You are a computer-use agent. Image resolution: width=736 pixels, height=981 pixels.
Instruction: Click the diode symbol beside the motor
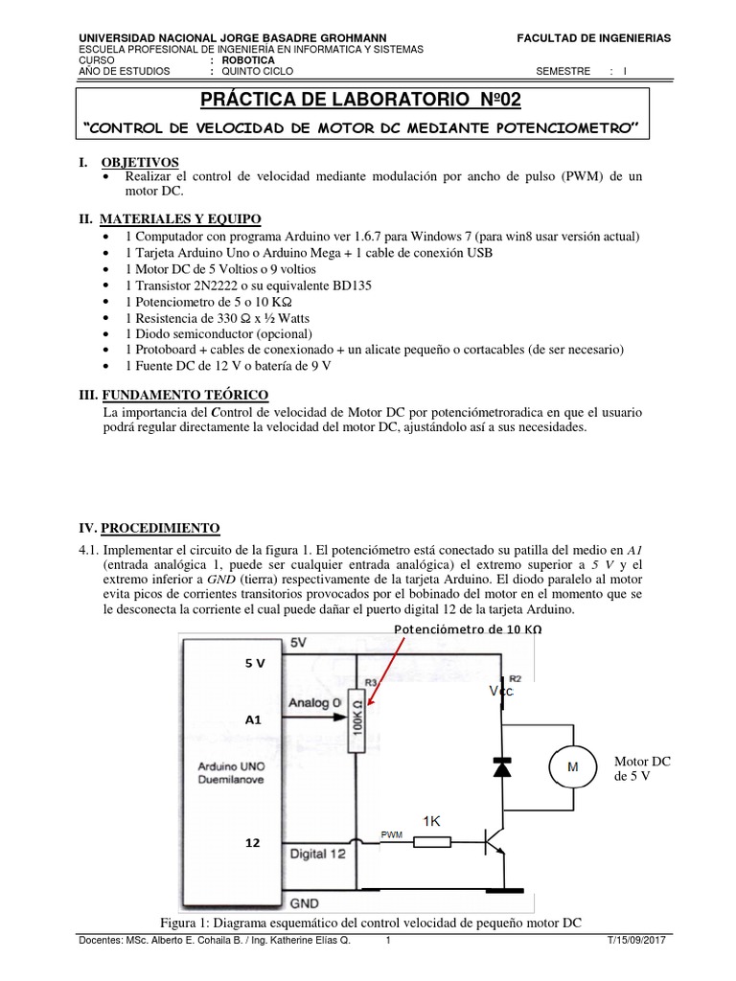501,766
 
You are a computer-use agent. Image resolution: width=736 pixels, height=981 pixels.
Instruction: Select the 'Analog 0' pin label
315,702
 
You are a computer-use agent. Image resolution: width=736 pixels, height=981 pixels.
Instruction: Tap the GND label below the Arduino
305,902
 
